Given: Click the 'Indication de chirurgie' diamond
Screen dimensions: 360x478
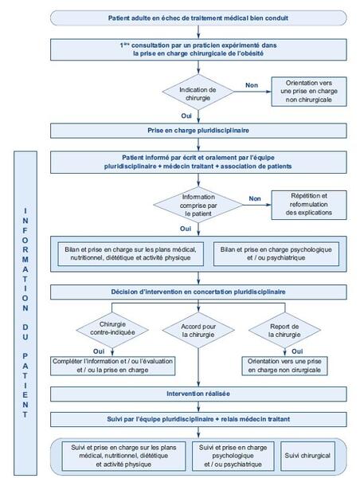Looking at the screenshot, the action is [198, 92].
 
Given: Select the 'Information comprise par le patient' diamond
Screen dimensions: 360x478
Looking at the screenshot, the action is [198, 205].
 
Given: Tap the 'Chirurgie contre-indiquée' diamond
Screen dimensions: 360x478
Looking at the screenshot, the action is [112, 330].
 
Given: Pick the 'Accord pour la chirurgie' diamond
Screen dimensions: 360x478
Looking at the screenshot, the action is [198, 330].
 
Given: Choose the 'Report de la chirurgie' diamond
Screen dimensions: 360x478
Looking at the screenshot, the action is [284, 330].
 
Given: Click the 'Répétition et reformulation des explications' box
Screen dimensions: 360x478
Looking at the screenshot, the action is [309, 205].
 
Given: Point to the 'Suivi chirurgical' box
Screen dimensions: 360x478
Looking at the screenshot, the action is [307, 456].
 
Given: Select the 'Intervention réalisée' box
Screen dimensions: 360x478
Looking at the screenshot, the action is [198, 394].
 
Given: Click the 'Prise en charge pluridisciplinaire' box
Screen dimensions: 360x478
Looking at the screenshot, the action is [198, 131].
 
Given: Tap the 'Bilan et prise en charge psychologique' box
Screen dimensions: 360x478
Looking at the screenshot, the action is [276, 253].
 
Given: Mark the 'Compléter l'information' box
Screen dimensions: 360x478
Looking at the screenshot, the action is [113, 366].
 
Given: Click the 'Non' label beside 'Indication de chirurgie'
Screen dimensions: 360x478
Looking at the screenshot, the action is [252, 85].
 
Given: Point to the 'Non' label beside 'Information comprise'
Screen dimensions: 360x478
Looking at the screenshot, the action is [255, 198].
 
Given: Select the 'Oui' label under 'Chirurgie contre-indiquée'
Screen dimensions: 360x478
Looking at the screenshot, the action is [99, 351].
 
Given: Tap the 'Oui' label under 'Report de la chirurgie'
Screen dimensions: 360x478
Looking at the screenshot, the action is [297, 351].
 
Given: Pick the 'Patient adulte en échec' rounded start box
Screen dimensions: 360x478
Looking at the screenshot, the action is [198, 18].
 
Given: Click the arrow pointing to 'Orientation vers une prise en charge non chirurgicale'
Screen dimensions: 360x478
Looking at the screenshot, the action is [252, 92].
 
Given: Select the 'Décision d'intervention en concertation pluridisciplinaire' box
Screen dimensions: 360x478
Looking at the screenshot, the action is [198, 292].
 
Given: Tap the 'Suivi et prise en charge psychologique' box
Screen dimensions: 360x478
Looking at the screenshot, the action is [233, 456].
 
